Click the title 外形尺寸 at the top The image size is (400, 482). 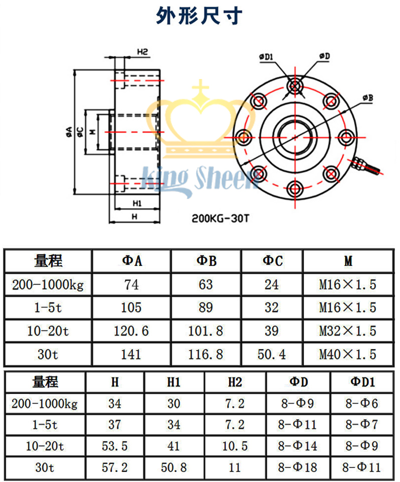pos(199,16)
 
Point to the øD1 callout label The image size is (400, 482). pos(265,57)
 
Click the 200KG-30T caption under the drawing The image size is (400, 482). pos(220,218)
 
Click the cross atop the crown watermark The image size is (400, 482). pos(201,90)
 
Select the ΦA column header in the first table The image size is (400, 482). pos(131,260)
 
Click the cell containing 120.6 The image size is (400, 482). pos(131,330)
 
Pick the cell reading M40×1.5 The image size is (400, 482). pos(347,354)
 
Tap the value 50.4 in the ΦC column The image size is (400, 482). pos(272,354)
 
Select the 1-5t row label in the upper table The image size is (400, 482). pos(48,307)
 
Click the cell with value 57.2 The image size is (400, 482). pos(115,467)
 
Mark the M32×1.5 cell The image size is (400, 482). pos(347,330)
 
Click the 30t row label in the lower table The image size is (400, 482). pos(45,467)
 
